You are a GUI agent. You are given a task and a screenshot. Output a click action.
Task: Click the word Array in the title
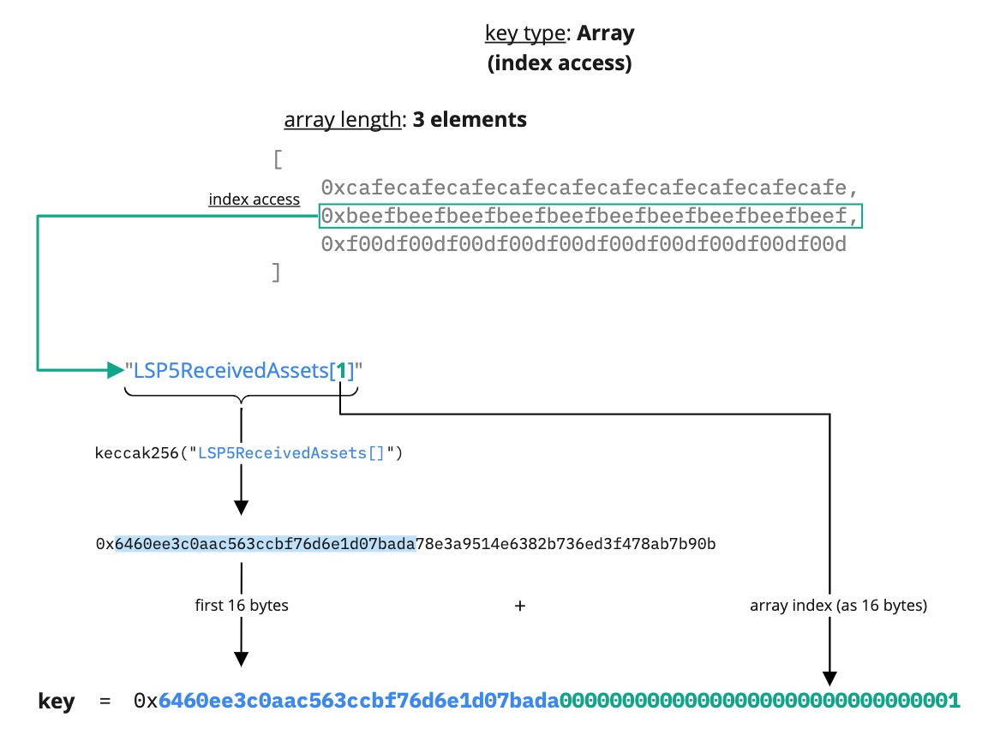[x=605, y=34]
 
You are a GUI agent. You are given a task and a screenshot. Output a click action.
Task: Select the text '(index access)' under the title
[x=559, y=63]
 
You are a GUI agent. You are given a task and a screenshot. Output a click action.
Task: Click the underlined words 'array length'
[x=343, y=120]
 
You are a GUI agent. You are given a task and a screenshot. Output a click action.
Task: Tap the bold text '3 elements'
[x=470, y=120]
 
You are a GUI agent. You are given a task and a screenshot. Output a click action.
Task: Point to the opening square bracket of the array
[x=277, y=160]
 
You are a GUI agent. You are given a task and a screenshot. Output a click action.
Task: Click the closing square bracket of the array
[x=276, y=273]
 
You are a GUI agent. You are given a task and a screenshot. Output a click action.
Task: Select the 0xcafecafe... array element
[x=590, y=188]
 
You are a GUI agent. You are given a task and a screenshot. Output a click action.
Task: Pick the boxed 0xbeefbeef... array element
[x=590, y=217]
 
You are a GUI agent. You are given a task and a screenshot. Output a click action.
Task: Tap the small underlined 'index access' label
[x=254, y=200]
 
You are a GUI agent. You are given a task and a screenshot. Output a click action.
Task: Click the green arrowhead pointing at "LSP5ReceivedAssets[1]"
[x=115, y=370]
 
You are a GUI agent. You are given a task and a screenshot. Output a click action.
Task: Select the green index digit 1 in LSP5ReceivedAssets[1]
[x=341, y=371]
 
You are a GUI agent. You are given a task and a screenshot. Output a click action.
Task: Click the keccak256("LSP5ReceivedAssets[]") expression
[x=248, y=452]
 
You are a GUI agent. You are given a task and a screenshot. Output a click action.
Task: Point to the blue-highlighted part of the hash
[x=266, y=544]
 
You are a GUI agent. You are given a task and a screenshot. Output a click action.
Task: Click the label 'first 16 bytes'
[x=242, y=606]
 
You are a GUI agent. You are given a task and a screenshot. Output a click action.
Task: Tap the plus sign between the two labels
[x=519, y=606]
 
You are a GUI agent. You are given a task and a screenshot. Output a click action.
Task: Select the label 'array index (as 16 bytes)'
[x=838, y=606]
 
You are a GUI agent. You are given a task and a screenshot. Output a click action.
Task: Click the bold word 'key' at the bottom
[x=57, y=702]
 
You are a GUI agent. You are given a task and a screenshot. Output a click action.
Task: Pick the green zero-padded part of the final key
[x=759, y=701]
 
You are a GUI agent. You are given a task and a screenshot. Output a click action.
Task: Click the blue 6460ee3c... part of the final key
[x=358, y=701]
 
